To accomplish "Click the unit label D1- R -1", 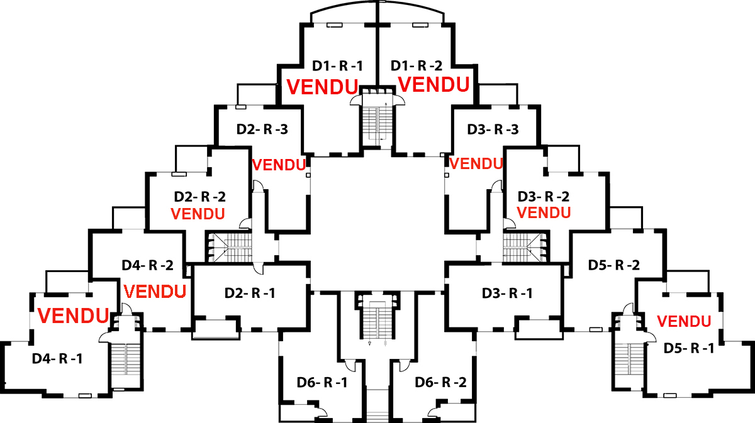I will [x=338, y=65].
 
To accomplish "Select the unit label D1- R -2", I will [x=417, y=65].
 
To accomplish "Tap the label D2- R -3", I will [x=262, y=129].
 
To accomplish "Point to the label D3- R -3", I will [x=493, y=129].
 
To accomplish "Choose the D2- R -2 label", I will [x=199, y=196].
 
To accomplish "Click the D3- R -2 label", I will [x=544, y=196].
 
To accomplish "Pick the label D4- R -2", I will [x=147, y=265].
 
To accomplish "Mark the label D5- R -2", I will [x=614, y=265].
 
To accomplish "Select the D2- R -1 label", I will [x=250, y=293].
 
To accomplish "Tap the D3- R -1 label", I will [x=507, y=293].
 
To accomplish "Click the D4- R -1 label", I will [x=57, y=359].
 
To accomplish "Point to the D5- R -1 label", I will [x=688, y=348].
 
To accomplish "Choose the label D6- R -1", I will [x=322, y=382].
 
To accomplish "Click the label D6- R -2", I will [x=440, y=382].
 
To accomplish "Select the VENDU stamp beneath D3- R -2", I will [x=544, y=212].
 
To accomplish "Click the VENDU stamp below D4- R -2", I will [x=155, y=292].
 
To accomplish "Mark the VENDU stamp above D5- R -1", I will [x=684, y=322].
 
